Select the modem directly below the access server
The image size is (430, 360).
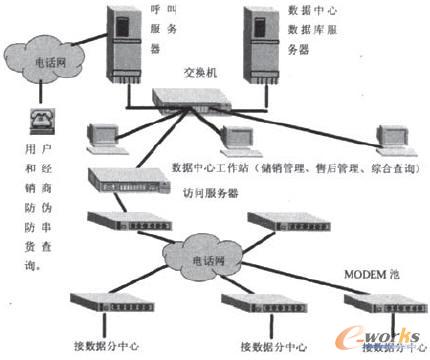(115, 220)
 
